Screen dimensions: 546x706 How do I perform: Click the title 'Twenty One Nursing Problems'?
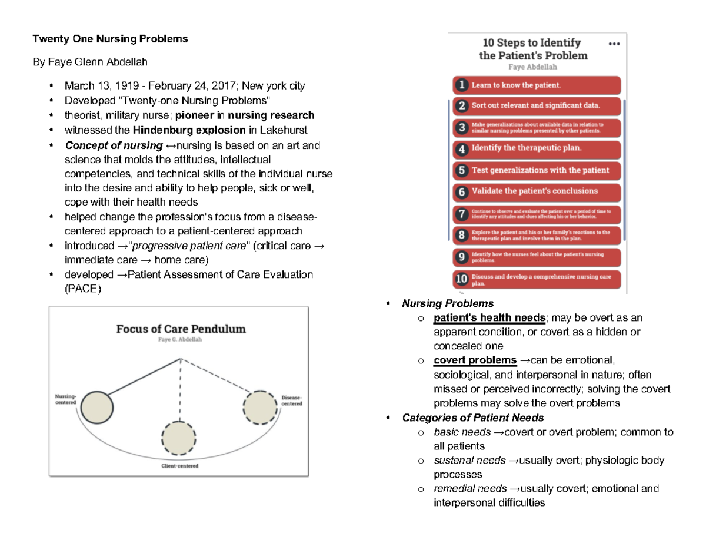[x=110, y=39]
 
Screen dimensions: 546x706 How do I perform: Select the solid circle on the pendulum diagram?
[x=96, y=406]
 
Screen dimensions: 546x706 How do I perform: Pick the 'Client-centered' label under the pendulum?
[x=179, y=466]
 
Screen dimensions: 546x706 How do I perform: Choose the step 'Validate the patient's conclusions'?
[x=535, y=191]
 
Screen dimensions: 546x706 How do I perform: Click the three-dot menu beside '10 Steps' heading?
[x=614, y=44]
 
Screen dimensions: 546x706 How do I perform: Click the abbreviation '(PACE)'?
[x=83, y=289]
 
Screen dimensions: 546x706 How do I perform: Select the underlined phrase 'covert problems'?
[x=475, y=360]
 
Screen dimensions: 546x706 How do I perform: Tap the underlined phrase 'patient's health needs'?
[x=489, y=318]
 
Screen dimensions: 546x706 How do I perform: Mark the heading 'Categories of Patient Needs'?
[x=473, y=418]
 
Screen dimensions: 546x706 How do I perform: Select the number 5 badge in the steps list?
[x=462, y=170]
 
